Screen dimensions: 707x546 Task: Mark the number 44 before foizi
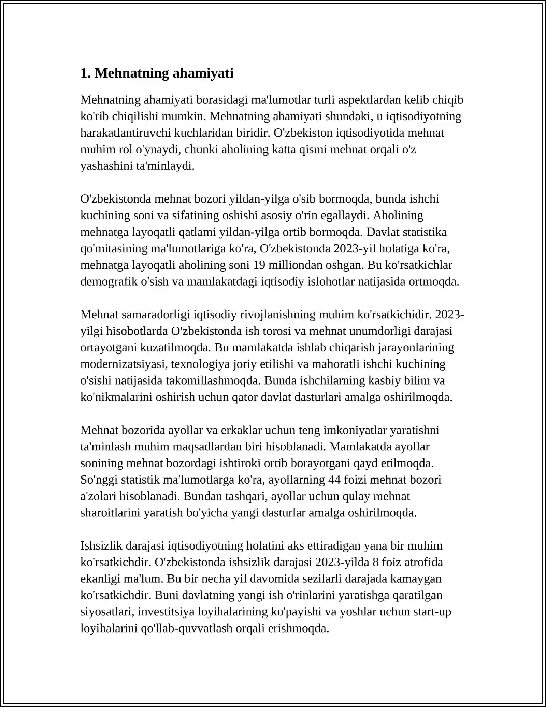point(334,480)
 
